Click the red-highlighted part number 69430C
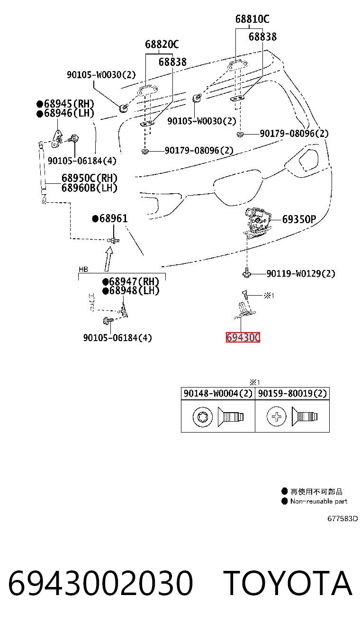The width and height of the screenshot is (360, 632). click(243, 337)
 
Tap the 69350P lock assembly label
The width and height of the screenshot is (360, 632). click(299, 219)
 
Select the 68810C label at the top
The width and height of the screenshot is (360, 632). click(252, 19)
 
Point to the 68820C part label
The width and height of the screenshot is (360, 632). click(162, 44)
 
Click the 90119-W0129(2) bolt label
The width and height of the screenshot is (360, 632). click(301, 273)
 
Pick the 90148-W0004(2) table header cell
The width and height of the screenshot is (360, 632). click(218, 393)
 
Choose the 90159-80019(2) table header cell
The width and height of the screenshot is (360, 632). click(292, 393)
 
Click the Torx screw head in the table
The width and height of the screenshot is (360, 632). click(203, 417)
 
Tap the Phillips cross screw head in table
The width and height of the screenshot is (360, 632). click(276, 416)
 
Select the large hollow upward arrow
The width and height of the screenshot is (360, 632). click(109, 259)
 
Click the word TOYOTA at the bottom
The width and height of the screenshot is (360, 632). click(288, 583)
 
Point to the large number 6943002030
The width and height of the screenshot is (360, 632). click(100, 583)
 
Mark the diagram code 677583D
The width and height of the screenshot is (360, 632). click(342, 519)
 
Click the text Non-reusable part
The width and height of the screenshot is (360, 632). click(319, 501)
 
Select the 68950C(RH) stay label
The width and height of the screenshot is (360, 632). click(90, 178)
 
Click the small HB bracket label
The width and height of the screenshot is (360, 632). click(83, 270)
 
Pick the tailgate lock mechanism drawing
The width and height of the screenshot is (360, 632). click(257, 222)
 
